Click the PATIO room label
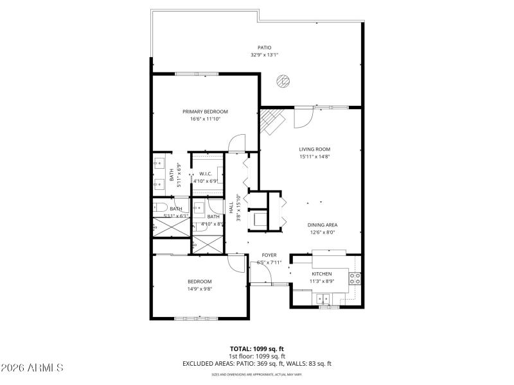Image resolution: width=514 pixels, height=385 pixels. [264, 47]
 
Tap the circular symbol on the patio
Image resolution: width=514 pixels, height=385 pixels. [283, 81]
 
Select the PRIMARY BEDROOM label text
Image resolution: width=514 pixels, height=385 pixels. [205, 112]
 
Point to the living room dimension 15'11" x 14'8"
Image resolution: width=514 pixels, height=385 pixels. [314, 157]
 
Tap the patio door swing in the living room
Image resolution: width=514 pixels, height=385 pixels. [303, 116]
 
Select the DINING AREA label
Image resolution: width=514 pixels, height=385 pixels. [322, 225]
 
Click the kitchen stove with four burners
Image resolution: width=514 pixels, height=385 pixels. [354, 278]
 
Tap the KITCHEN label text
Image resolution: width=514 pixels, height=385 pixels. [321, 274]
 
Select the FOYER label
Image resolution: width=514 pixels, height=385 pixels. [269, 255]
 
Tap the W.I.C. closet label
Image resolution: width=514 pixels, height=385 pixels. [206, 174]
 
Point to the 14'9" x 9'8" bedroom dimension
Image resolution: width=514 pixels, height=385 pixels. [199, 289]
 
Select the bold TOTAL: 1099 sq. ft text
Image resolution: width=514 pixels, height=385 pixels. [257, 349]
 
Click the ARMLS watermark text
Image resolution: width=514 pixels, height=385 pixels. [32, 368]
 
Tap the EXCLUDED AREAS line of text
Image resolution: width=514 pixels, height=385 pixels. [257, 364]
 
